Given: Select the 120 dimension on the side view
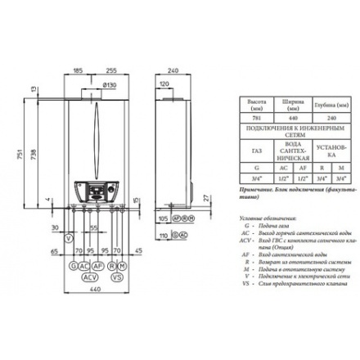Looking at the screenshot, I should pos(164,83).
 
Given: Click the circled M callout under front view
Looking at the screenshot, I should pos(123,266).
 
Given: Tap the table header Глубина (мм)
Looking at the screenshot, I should pos(331,106).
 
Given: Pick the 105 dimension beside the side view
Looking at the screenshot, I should pos(163,220).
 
